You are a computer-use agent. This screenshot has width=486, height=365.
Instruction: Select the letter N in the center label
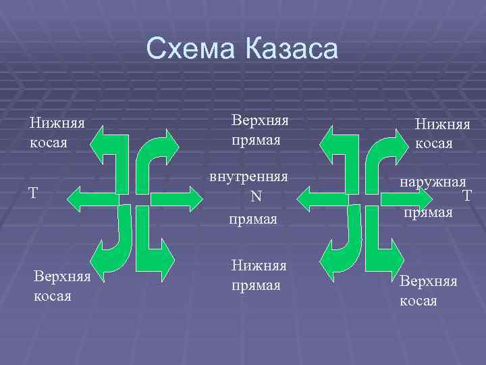(x=256, y=197)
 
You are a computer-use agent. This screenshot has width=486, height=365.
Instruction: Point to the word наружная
(x=433, y=182)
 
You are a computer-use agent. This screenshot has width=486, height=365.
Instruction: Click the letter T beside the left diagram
(x=32, y=193)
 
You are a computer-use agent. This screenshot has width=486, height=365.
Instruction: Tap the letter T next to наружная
(x=466, y=196)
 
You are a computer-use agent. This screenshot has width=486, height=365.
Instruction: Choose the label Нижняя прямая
(x=259, y=276)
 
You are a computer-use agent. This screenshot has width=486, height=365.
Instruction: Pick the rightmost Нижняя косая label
(x=442, y=133)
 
